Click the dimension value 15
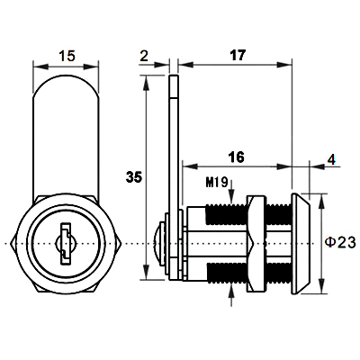[67, 56]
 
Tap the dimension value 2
[144, 56]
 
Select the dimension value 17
[238, 55]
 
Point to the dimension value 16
[236, 157]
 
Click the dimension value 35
[134, 177]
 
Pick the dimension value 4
[331, 160]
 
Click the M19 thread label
[217, 182]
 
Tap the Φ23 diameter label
[341, 242]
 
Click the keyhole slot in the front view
[65, 244]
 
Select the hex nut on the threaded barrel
[256, 244]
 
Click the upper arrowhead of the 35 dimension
[146, 83]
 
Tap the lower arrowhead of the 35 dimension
[146, 273]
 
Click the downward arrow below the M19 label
[231, 191]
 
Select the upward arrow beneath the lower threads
[231, 295]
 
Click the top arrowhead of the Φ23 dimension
[321, 202]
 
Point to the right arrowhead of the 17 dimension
[284, 65]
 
